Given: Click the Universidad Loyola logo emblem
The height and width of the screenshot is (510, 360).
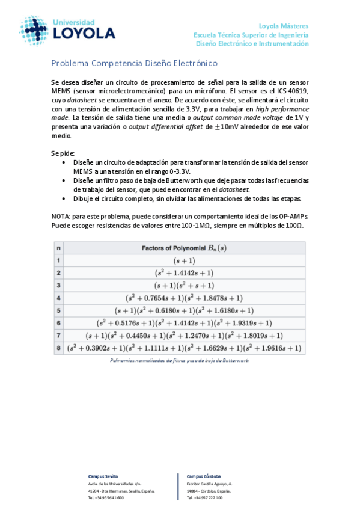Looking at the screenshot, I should [x=34, y=30].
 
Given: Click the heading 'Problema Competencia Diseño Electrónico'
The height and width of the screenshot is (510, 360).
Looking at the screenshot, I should [x=134, y=63].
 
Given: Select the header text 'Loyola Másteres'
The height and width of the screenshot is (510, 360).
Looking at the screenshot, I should [x=283, y=26].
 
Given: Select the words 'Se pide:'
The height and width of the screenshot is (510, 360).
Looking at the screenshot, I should [x=63, y=153].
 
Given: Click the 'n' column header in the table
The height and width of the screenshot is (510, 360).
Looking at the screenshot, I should [x=58, y=248].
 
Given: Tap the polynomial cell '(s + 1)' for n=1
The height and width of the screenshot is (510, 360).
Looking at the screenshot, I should [x=185, y=260].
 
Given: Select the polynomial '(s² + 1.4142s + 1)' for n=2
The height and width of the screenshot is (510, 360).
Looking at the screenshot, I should [x=185, y=272].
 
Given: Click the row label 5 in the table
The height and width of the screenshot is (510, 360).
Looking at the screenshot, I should [x=58, y=310].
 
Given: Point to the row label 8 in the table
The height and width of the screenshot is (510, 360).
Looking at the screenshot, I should [x=58, y=348].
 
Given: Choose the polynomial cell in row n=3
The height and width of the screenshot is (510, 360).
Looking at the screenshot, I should [x=185, y=285].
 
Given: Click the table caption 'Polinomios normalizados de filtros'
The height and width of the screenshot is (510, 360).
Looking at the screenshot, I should [x=179, y=360].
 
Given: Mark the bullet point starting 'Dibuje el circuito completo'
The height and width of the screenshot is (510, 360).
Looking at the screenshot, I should [x=186, y=199].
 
